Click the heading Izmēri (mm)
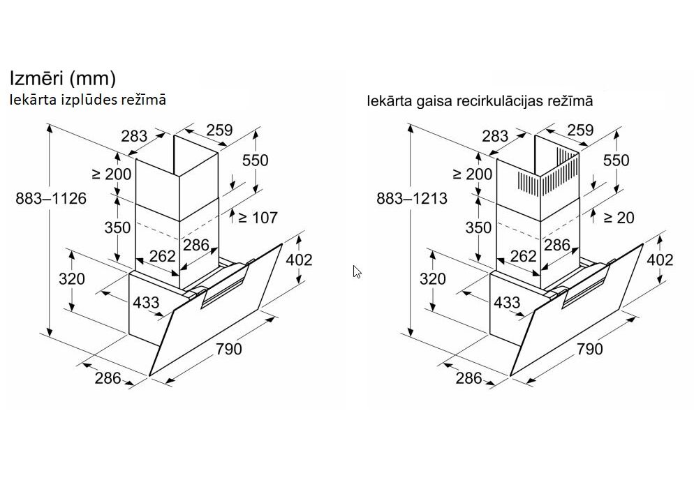coord(61,77)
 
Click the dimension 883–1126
coord(51,199)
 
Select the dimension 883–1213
coord(411,199)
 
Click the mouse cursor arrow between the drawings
coord(357,271)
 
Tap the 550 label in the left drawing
coord(255,160)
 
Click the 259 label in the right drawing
coord(580,130)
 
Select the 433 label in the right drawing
coord(507,302)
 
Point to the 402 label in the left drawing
coord(299,260)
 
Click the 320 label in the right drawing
coord(432,279)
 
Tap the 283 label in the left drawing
coord(133,135)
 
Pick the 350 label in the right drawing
coord(478,227)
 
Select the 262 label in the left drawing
coord(162,257)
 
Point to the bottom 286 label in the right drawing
coord(468,378)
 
